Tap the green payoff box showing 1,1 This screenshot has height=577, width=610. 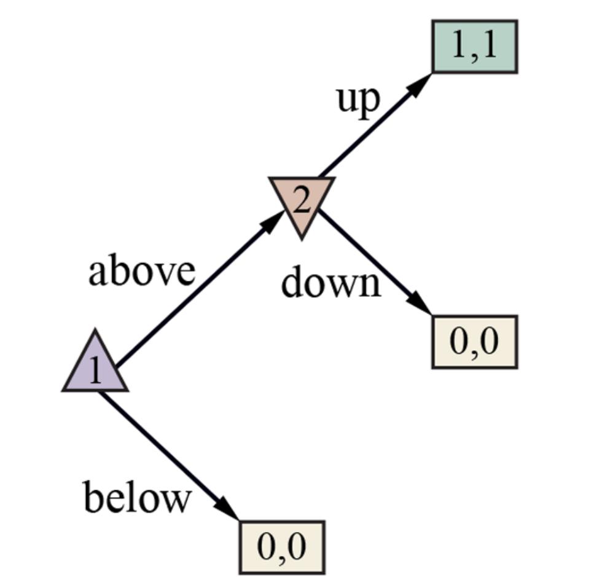coord(474,47)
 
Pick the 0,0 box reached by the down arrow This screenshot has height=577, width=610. coord(474,342)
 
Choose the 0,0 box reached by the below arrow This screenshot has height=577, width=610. coord(281,547)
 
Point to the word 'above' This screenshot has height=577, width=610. coord(142,271)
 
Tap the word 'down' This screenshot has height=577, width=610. coord(331,283)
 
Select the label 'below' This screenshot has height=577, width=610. coord(136,497)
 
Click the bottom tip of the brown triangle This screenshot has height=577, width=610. coord(302,236)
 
